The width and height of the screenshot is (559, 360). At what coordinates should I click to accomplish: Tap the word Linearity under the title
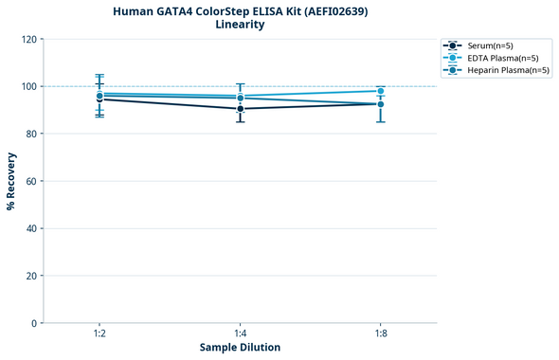click(240, 26)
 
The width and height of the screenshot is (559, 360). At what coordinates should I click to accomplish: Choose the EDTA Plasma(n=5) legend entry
click(497, 58)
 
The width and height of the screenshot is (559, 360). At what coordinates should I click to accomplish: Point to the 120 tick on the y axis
click(28, 39)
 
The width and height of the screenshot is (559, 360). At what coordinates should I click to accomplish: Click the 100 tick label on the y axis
click(28, 86)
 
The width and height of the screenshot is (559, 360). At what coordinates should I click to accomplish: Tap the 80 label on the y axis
click(31, 134)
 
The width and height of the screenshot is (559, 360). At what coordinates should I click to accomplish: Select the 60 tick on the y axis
click(31, 181)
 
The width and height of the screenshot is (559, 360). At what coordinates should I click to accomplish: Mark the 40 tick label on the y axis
click(31, 228)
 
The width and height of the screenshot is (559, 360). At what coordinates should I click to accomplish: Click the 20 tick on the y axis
click(31, 276)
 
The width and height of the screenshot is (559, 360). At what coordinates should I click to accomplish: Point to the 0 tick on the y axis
click(34, 323)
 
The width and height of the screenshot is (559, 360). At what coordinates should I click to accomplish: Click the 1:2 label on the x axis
click(99, 333)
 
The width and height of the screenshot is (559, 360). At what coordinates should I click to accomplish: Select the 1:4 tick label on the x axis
click(240, 333)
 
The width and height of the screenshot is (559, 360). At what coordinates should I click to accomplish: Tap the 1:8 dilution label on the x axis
click(380, 333)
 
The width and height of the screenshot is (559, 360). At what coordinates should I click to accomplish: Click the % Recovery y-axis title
click(11, 181)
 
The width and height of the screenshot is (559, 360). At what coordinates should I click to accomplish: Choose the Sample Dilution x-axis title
click(240, 348)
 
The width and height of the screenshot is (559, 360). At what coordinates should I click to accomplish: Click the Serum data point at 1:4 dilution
click(240, 109)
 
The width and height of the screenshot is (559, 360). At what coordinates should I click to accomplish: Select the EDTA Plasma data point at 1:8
click(380, 91)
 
